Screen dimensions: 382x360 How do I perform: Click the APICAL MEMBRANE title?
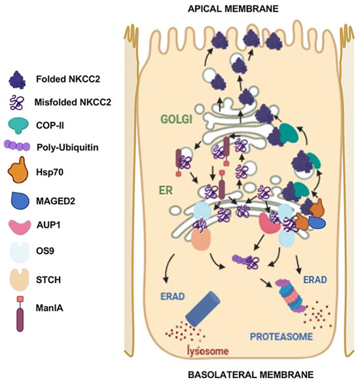240,8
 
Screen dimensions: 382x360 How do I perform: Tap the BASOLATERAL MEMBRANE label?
240,375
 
